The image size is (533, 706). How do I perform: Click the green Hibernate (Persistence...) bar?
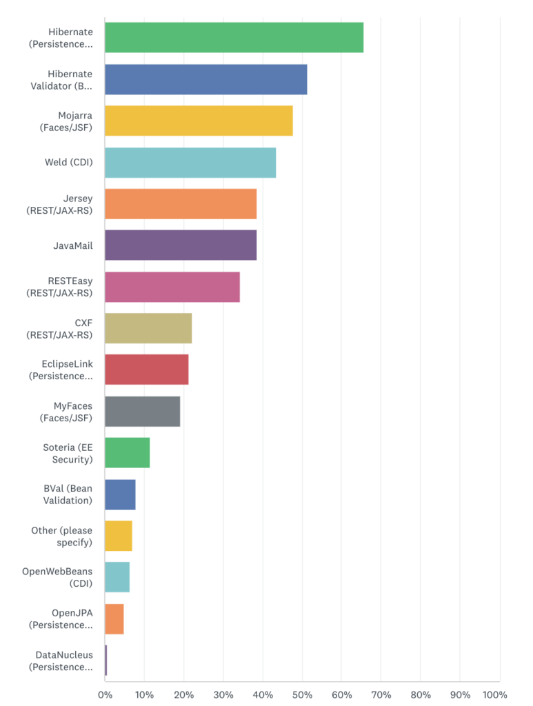tap(234, 38)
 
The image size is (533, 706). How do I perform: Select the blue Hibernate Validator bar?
tap(206, 80)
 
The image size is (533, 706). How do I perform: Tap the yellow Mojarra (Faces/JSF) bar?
tap(199, 121)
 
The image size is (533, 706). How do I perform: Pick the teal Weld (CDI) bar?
tap(190, 163)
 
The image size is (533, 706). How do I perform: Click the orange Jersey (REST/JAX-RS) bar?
tap(181, 204)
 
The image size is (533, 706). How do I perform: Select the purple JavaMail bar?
tap(181, 245)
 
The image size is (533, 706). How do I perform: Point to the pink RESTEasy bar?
tap(172, 287)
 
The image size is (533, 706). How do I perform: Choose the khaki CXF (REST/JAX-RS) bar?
tap(148, 328)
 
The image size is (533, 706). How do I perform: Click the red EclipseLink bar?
tap(147, 370)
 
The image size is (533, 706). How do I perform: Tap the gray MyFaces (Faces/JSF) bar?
tap(143, 412)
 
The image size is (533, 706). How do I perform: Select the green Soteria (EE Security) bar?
tap(128, 453)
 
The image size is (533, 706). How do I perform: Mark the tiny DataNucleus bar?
tap(105, 660)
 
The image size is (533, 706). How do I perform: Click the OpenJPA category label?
tap(61, 619)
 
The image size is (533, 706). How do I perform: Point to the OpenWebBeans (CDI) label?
tap(57, 577)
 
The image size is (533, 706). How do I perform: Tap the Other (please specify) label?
tap(61, 536)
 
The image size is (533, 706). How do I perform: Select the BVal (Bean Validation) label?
tap(68, 494)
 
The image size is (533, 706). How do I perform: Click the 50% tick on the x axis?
tap(302, 695)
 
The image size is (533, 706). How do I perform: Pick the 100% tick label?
tap(495, 695)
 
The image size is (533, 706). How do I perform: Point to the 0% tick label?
tap(105, 695)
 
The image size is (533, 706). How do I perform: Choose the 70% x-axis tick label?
tap(381, 695)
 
